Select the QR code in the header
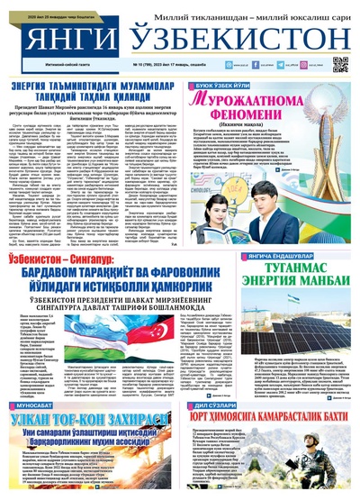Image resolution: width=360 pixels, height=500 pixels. [339, 64]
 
